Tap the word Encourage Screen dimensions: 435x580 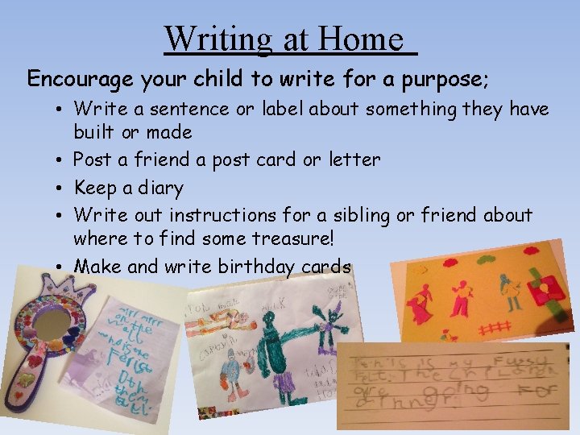tap(79, 79)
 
